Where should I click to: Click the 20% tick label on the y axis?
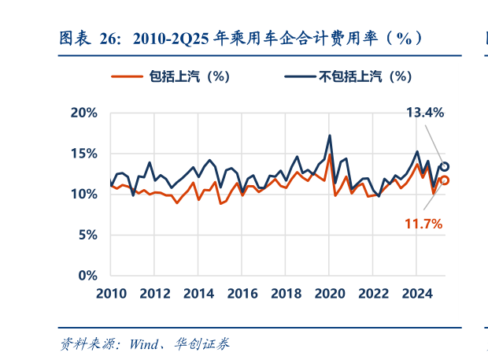point(82,113)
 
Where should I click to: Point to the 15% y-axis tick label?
point(82,154)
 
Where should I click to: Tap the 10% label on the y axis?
point(82,194)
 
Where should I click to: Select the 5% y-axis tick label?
point(87,235)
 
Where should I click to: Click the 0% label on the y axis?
point(87,276)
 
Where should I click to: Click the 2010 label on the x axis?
point(112,294)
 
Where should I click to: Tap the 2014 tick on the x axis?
point(199,294)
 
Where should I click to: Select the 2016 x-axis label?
point(242,294)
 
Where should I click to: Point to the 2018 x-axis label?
point(287,294)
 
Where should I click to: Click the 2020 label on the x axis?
point(330,294)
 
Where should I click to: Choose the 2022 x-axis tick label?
point(374,294)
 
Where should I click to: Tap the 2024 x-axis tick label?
point(417,294)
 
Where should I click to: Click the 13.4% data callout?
point(425,113)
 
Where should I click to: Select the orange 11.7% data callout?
point(423,225)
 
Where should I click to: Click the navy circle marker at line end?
point(445,166)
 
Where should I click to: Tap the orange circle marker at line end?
point(445,180)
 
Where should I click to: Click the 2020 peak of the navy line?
point(329,135)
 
